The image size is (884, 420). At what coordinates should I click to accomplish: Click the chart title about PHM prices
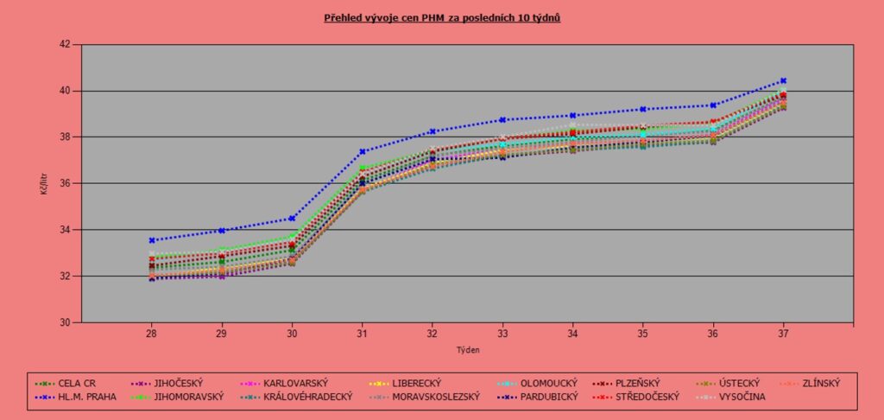coord(442,17)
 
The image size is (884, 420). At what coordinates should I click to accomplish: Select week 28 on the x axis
coord(151,333)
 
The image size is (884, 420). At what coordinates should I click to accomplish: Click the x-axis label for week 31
coord(363,333)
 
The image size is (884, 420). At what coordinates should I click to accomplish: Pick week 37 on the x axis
coord(783,333)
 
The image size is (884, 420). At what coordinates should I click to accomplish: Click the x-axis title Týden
coord(467,350)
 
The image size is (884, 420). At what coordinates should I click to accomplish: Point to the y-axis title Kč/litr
coord(43,183)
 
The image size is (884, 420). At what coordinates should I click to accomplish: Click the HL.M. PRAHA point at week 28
coord(151,240)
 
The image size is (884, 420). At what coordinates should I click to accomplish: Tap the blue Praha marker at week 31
coord(363,151)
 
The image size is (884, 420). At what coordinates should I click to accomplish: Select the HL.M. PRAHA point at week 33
coord(502,119)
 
